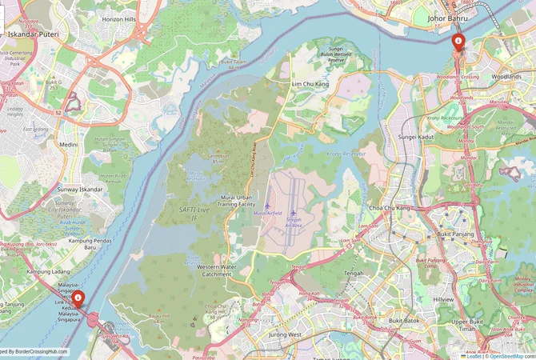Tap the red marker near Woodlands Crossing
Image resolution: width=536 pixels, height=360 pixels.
(458, 42)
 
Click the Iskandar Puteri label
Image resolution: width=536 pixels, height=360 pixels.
(29, 34)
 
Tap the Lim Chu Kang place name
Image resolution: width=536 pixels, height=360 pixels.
(311, 83)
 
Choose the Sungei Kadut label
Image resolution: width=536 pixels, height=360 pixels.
(415, 138)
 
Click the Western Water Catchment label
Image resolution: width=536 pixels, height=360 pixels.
(217, 270)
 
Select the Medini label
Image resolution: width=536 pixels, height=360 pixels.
(69, 145)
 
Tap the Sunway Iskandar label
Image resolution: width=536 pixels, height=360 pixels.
(79, 190)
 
